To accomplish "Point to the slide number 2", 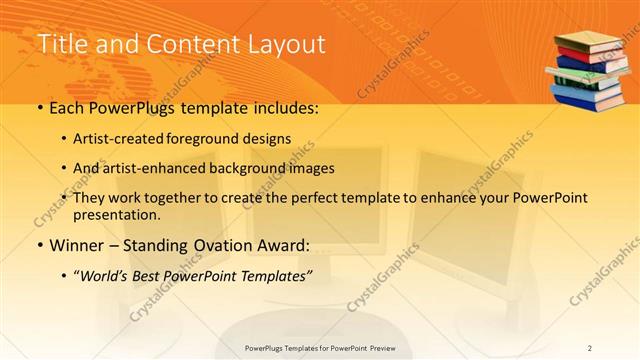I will (589, 347).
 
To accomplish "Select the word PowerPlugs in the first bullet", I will (131, 107).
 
